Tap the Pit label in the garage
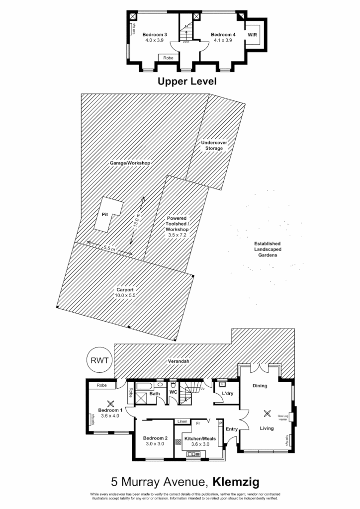coord(105,215)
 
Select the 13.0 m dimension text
coord(135,220)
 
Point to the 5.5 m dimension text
coord(109,248)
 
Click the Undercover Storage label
coord(214,145)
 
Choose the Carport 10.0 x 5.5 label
coord(126,292)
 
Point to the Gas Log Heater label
coord(283,418)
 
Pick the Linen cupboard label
coord(181,422)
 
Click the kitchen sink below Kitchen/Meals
coord(192,454)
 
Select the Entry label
coord(232,429)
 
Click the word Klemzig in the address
coord(236,481)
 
